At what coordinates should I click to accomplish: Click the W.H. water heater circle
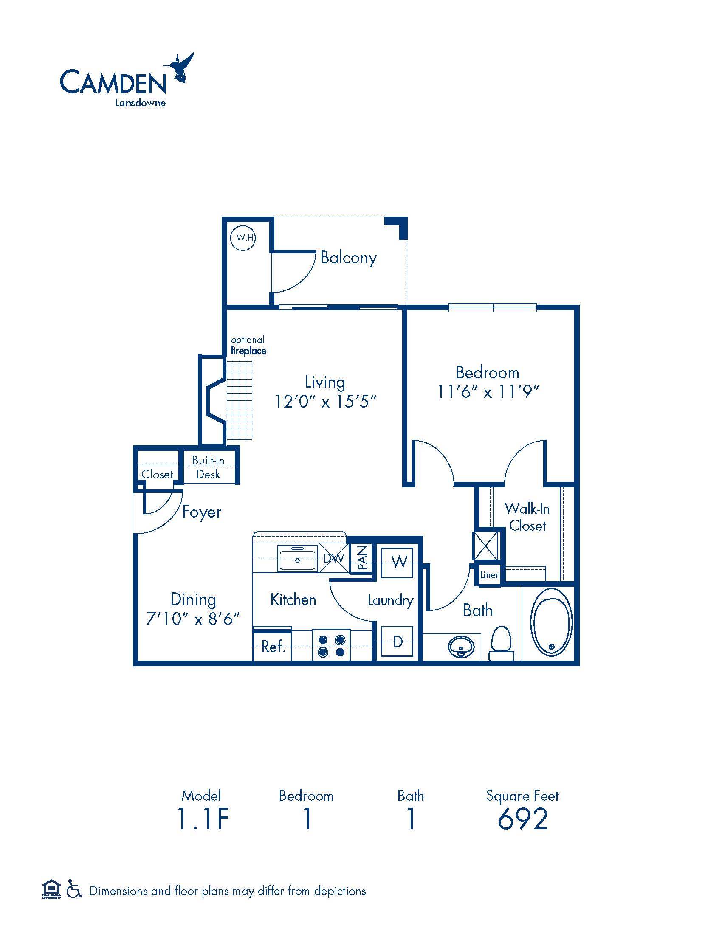[243, 237]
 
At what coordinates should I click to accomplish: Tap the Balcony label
[348, 258]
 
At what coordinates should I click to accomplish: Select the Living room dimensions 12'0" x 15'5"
[325, 402]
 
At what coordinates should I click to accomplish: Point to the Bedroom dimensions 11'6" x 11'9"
[488, 392]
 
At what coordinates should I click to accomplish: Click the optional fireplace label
[248, 345]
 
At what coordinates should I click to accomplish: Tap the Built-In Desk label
[208, 467]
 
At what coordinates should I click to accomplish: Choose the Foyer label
[202, 512]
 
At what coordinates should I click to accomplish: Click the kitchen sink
[297, 559]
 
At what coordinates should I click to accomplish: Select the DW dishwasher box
[334, 558]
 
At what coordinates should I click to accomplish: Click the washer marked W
[397, 563]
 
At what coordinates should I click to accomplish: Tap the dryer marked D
[397, 641]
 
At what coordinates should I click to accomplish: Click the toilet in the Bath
[501, 644]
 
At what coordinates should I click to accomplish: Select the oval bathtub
[551, 622]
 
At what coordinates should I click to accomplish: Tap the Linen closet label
[490, 575]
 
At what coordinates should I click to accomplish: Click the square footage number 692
[523, 819]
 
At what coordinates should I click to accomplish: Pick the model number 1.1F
[203, 819]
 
